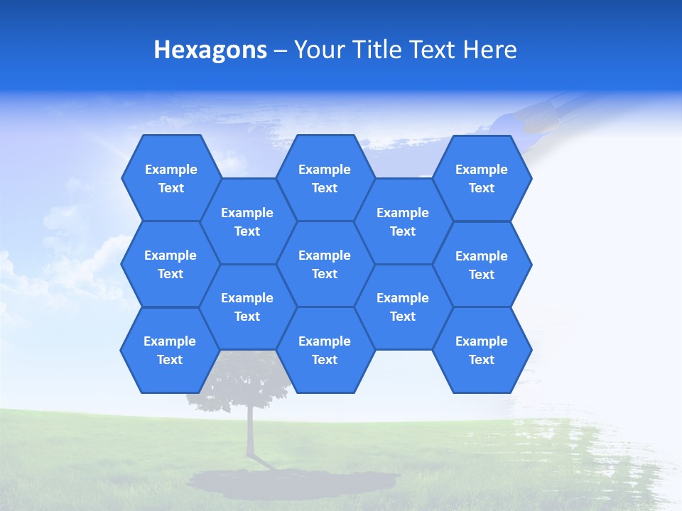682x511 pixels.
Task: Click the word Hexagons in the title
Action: [210, 50]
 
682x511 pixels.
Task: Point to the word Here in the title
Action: [489, 50]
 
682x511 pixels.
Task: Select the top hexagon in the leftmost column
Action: [170, 178]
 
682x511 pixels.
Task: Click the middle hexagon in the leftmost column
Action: [170, 264]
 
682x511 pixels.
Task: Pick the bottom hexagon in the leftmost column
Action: [170, 350]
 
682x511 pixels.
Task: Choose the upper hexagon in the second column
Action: [247, 221]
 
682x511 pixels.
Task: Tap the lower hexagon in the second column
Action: [247, 307]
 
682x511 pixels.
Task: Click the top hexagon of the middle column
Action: [325, 178]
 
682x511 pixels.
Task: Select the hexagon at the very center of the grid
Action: [325, 264]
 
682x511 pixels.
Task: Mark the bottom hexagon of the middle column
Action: [325, 350]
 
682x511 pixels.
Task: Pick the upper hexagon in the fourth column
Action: [403, 221]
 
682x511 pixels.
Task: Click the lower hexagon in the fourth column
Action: [403, 307]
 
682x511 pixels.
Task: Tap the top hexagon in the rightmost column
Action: [482, 178]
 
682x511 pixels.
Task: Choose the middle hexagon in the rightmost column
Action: [482, 265]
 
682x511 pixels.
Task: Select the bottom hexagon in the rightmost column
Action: [482, 350]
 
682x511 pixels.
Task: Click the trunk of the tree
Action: [250, 433]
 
